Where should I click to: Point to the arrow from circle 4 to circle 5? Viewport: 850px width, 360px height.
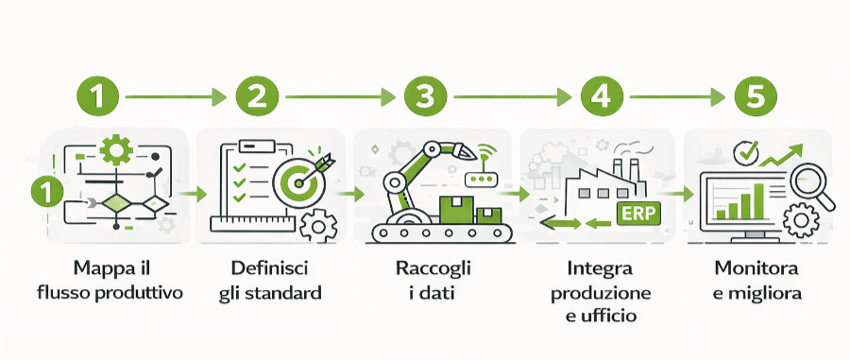click(676, 96)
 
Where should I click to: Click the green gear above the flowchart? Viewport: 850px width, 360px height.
click(117, 149)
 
